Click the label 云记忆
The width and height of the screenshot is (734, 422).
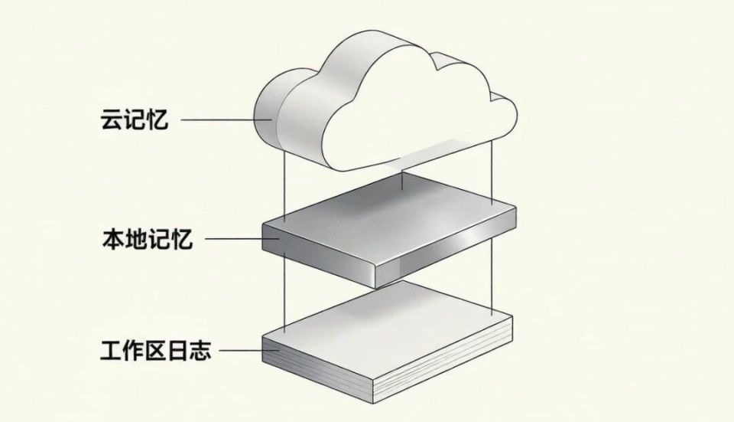click(135, 119)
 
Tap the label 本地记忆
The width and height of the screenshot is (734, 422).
click(147, 239)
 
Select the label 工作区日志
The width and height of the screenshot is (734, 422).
click(156, 350)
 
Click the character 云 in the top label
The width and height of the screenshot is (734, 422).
click(112, 119)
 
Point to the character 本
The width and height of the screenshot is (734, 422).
click(113, 239)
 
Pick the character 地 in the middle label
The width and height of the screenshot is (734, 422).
click(136, 239)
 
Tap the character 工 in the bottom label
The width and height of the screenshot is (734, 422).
click(112, 350)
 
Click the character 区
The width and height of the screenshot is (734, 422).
click(156, 350)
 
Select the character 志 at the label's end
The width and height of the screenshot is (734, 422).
click(200, 350)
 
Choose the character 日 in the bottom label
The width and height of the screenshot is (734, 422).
click(178, 350)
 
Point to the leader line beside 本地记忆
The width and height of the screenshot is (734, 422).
click(242, 239)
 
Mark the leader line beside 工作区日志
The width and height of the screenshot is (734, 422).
click(249, 350)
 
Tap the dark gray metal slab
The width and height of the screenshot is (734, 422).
click(389, 230)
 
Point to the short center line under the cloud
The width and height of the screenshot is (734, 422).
click(403, 181)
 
